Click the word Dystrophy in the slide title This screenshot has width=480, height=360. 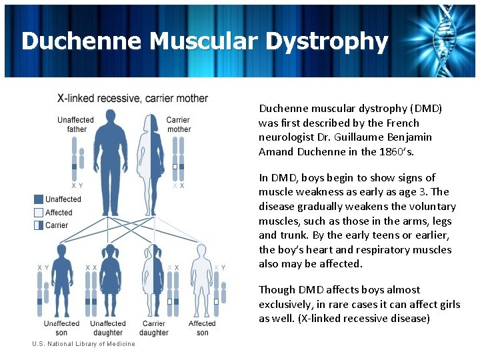326,41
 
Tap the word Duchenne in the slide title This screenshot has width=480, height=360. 82,41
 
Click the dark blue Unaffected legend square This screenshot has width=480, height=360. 39,199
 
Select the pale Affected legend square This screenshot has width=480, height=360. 39,213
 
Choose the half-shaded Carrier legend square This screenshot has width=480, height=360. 39,225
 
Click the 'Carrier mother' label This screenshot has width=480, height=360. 179,125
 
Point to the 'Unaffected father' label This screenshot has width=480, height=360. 76,125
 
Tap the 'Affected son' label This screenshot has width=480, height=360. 202,328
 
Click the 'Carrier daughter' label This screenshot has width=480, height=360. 154,328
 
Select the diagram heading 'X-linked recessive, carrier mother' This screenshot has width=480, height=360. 133,99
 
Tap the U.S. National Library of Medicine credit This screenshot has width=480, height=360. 83,344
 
